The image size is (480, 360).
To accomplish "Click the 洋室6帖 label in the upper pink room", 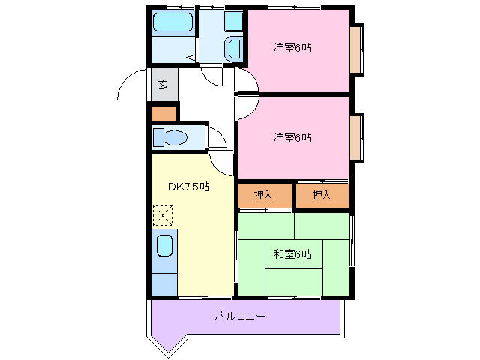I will (x=292, y=48).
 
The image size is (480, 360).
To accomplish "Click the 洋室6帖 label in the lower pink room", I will (x=292, y=137).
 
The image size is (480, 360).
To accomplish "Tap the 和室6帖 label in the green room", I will (x=292, y=254).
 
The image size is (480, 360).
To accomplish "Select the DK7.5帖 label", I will (x=187, y=187).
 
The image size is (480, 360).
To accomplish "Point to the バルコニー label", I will (x=240, y=317).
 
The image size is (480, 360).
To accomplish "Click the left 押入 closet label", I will (x=262, y=196).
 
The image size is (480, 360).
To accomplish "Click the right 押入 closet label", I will (x=321, y=196).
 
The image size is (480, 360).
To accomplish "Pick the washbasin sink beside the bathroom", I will (x=233, y=50).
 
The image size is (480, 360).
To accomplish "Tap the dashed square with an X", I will (x=163, y=216).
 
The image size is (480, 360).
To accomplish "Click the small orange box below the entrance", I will (x=163, y=114).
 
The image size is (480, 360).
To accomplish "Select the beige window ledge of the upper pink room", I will (x=356, y=49).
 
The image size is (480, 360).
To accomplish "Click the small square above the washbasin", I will (x=233, y=21).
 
